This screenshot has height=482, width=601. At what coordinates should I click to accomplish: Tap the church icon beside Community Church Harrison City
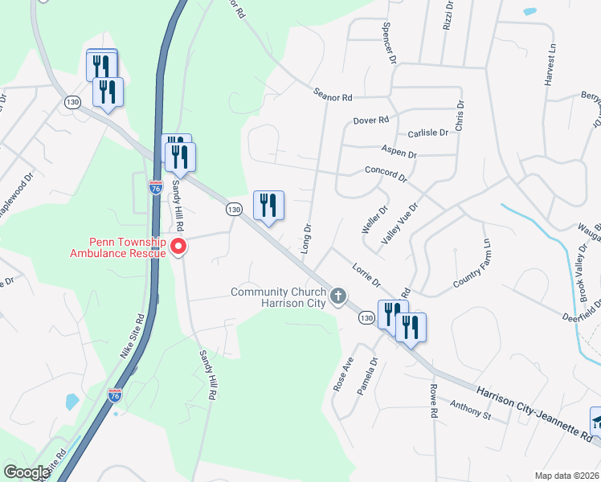(x=338, y=296)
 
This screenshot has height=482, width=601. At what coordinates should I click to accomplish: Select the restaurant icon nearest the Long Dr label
(x=268, y=206)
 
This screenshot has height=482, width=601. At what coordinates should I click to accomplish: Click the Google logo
(x=26, y=472)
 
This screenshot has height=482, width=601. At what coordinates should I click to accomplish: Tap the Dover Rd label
(x=371, y=120)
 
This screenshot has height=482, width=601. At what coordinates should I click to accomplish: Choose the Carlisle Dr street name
(x=427, y=133)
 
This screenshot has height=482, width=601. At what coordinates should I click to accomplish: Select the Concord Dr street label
(x=386, y=172)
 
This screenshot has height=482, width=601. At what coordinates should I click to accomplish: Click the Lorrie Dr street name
(x=365, y=274)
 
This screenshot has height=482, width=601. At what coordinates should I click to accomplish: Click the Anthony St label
(x=469, y=410)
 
